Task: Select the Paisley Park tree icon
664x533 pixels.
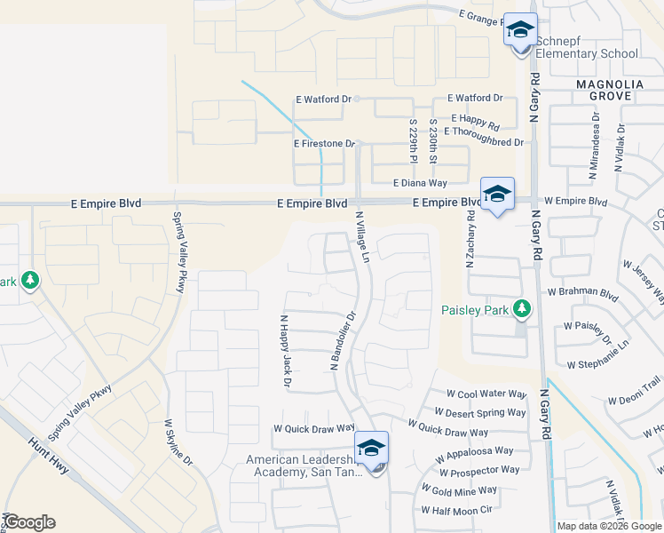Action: (x=523, y=308)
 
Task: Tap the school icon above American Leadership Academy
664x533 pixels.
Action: (x=371, y=448)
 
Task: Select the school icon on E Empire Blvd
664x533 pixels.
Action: (x=497, y=194)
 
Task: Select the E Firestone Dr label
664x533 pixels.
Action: (x=324, y=143)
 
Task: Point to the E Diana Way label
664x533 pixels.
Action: (x=421, y=183)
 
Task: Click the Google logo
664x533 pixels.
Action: (x=29, y=522)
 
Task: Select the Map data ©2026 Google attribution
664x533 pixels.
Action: (x=608, y=526)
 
